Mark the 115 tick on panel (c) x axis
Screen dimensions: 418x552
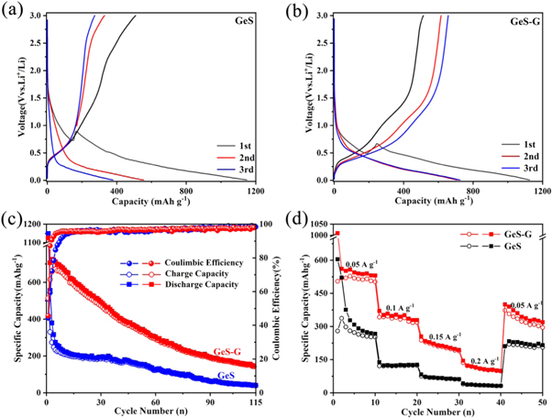click(254, 401)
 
